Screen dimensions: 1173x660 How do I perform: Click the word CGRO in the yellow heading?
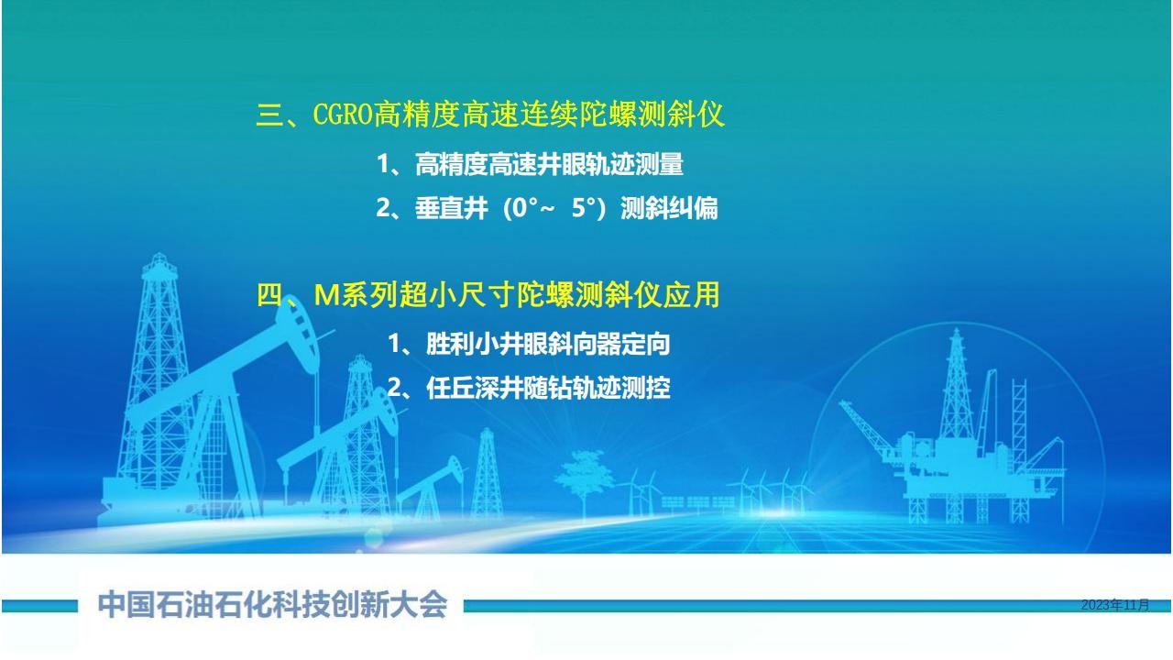point(343,114)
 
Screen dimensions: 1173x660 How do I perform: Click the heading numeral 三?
point(269,115)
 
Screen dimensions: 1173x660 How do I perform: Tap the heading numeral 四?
point(269,294)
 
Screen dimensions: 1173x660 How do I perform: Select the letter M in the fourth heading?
point(326,295)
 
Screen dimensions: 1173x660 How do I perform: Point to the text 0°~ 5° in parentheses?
point(554,207)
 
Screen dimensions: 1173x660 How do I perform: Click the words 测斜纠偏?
point(669,208)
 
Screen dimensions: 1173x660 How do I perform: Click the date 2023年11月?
point(1115,605)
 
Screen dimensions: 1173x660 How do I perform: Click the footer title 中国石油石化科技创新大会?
point(272,604)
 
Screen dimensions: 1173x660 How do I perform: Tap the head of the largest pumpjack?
point(298,335)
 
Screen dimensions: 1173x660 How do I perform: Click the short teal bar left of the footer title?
point(39,606)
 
